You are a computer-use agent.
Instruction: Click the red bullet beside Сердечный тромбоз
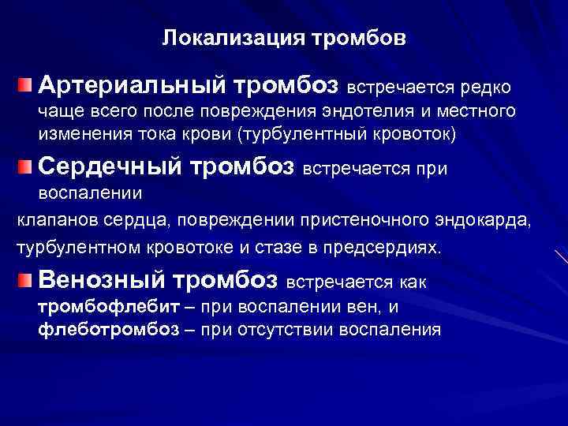point(27,166)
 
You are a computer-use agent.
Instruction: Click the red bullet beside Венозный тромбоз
point(27,279)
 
